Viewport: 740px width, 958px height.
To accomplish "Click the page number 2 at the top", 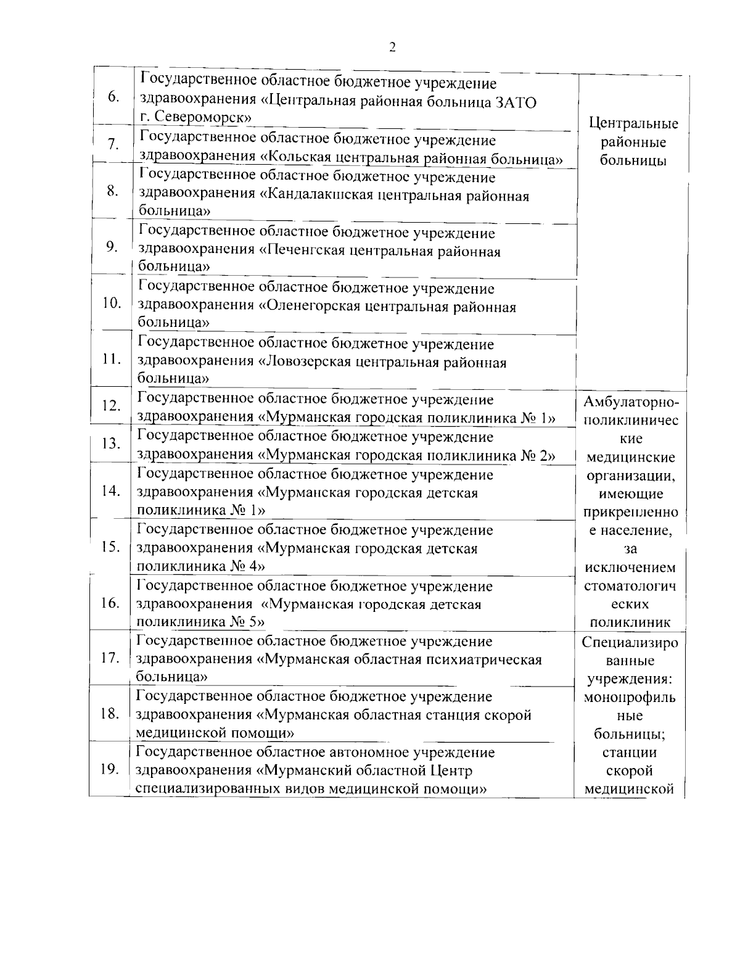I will click(393, 48).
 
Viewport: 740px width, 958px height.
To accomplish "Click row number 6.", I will click(113, 97).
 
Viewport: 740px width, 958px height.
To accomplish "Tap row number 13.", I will click(111, 444).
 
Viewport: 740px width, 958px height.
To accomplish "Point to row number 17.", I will click(110, 658).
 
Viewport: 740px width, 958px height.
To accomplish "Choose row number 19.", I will click(109, 769).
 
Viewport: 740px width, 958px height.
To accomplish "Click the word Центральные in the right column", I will click(633, 123).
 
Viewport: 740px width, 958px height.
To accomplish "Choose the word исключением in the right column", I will click(630, 568).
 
